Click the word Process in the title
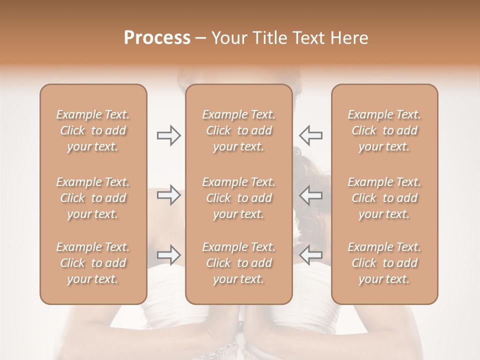click(x=157, y=38)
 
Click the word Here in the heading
click(x=349, y=38)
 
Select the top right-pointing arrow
click(x=168, y=135)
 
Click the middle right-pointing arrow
click(x=168, y=195)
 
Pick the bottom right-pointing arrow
click(x=168, y=255)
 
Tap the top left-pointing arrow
click(x=311, y=135)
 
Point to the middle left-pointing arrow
click(x=311, y=195)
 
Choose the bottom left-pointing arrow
click(x=311, y=255)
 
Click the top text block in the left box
click(x=93, y=130)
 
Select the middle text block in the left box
click(x=93, y=198)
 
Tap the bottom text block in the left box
click(x=93, y=263)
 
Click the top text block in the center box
click(x=239, y=130)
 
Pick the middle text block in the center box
click(x=239, y=198)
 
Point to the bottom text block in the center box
click(x=239, y=263)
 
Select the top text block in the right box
click(x=384, y=130)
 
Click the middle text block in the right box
click(x=384, y=198)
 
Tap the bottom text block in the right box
click(x=384, y=263)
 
